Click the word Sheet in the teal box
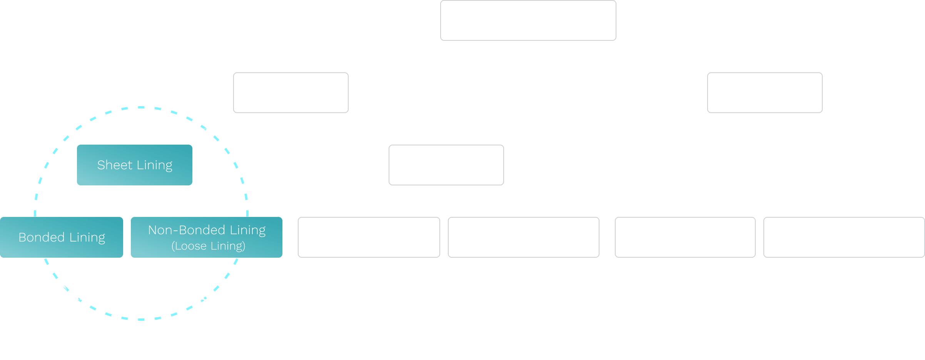tap(115, 165)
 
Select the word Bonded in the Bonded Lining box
tap(42, 237)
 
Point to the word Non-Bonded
tap(187, 230)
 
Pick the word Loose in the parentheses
tap(191, 246)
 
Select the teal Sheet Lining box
tap(135, 165)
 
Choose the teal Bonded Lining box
tap(62, 237)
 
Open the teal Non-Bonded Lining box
tap(207, 237)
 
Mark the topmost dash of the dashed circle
tap(141, 107)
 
